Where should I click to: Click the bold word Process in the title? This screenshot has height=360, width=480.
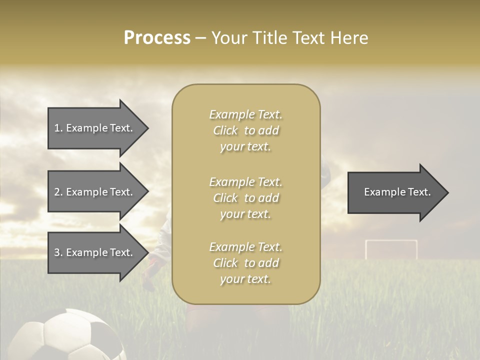(x=157, y=38)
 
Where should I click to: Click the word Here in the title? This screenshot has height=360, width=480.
(x=349, y=38)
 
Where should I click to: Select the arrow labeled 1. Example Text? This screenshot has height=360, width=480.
(x=95, y=128)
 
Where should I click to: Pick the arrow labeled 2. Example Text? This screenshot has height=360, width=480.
(x=95, y=192)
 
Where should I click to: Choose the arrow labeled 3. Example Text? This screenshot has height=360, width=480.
(x=95, y=252)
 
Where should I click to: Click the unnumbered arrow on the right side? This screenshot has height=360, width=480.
(x=395, y=192)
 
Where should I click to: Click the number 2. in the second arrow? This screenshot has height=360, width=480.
(x=58, y=192)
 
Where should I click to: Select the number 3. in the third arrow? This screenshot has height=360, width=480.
(x=58, y=252)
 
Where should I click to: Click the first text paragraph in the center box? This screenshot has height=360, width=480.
(x=245, y=130)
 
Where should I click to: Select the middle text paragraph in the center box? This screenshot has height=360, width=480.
(x=245, y=198)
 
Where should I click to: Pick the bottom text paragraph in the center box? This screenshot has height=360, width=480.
(x=245, y=263)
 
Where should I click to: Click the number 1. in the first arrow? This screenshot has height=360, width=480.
(x=58, y=128)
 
